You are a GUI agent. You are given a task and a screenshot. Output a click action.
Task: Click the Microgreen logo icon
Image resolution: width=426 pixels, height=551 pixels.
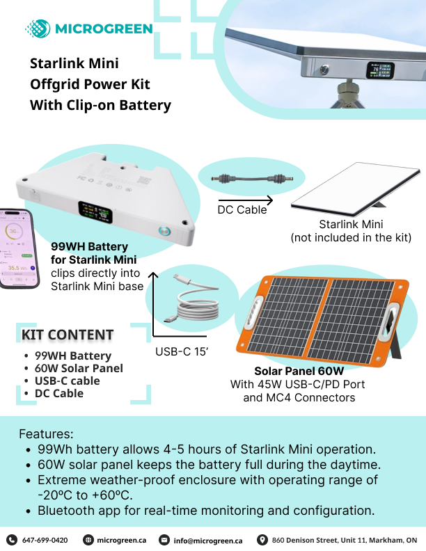click(38, 29)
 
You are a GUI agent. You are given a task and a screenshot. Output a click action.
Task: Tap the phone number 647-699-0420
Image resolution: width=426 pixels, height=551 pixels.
click(45, 540)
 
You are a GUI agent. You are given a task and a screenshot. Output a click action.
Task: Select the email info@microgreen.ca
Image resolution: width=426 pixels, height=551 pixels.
click(207, 540)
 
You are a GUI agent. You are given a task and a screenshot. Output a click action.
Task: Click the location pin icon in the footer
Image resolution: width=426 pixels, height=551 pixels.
click(262, 540)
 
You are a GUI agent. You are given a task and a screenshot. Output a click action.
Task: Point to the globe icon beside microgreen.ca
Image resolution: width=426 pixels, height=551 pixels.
click(88, 540)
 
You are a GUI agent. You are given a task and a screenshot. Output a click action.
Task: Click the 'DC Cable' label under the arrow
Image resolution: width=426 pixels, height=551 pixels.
click(242, 209)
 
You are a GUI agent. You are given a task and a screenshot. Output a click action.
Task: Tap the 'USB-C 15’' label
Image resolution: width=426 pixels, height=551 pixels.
click(182, 351)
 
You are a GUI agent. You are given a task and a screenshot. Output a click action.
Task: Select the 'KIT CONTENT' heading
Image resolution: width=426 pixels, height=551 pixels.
click(67, 335)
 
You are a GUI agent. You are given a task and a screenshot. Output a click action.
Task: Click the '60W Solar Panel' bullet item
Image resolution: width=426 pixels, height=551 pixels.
click(79, 368)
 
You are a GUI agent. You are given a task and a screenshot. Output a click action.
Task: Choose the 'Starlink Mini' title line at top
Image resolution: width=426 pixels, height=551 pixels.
click(74, 63)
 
